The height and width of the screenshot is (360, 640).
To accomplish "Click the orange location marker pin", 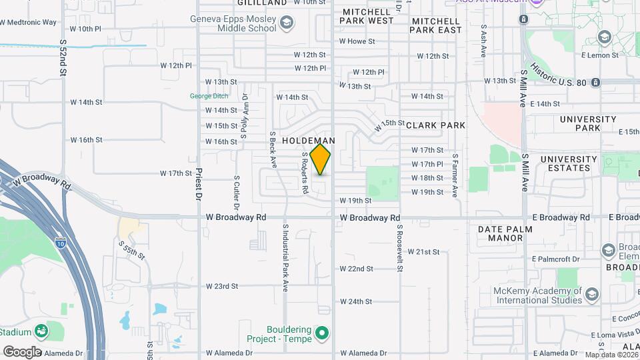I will pyautogui.click(x=321, y=159).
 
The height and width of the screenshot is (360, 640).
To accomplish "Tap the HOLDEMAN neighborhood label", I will pyautogui.click(x=309, y=141).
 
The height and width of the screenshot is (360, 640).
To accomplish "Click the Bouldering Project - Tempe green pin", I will pyautogui.click(x=323, y=332).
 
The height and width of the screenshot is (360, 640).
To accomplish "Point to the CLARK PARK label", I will pyautogui.click(x=435, y=125).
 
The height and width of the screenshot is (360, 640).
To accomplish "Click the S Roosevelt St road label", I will pyautogui.click(x=400, y=248).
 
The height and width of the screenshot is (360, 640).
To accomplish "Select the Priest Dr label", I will pyautogui.click(x=199, y=185).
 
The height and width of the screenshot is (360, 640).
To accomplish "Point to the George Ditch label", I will pyautogui.click(x=209, y=96).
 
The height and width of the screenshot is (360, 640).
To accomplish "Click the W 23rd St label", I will pyautogui.click(x=221, y=287).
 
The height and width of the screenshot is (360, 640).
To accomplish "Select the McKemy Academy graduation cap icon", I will pyautogui.click(x=591, y=294).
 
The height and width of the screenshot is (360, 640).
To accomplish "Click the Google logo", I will pyautogui.click(x=22, y=351).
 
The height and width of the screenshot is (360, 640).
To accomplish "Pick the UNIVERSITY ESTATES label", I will pyautogui.click(x=569, y=164).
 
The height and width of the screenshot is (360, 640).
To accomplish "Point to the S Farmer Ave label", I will pyautogui.click(x=455, y=175).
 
